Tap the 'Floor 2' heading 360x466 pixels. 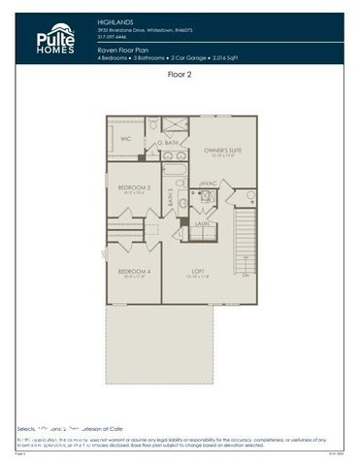180,75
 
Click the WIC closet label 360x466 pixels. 125,139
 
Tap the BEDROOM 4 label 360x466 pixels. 134,271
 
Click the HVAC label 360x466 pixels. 208,183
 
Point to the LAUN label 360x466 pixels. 202,223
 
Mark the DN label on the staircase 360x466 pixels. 245,276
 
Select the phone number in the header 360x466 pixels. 112,39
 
